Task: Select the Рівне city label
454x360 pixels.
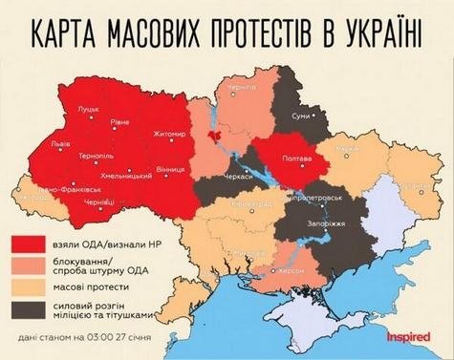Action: (123, 121)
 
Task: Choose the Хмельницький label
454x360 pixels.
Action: (119, 177)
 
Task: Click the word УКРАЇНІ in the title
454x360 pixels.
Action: (373, 32)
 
